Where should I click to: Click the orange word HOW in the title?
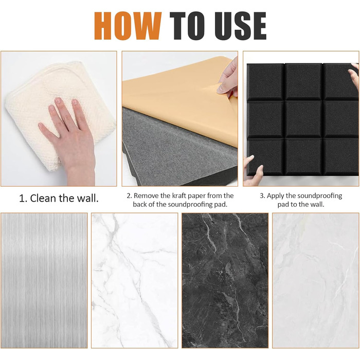pyautogui.click(x=128, y=26)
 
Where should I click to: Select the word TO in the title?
pyautogui.click(x=187, y=26)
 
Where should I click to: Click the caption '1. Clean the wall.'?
pyautogui.click(x=59, y=199)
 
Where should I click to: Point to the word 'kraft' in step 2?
pyautogui.click(x=180, y=195)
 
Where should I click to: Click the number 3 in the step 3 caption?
pyautogui.click(x=262, y=196)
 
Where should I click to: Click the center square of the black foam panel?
pyautogui.click(x=303, y=119)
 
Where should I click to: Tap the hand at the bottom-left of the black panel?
pyautogui.click(x=254, y=170)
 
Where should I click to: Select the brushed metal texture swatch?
pyautogui.click(x=44, y=280)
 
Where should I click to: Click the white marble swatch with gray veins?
pyautogui.click(x=135, y=280)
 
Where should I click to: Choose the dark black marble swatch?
pyautogui.click(x=225, y=280)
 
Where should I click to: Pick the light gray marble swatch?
pyautogui.click(x=316, y=280)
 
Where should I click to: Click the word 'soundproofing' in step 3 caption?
pyautogui.click(x=319, y=196)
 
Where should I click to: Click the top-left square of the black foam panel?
pyautogui.click(x=265, y=82)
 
